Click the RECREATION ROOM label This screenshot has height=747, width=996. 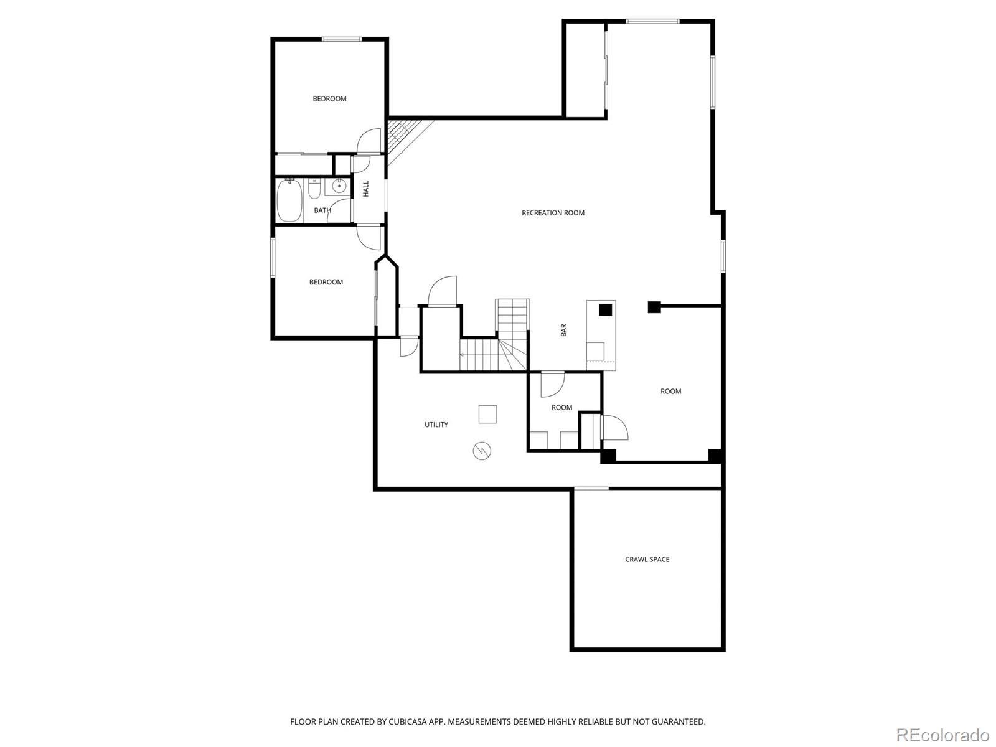pyautogui.click(x=553, y=213)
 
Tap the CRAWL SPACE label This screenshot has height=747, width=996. pyautogui.click(x=647, y=560)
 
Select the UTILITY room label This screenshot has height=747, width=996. pyautogui.click(x=436, y=425)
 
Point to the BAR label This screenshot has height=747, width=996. pyautogui.click(x=563, y=330)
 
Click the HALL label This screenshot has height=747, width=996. pyautogui.click(x=366, y=189)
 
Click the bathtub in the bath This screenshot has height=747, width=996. pyautogui.click(x=289, y=200)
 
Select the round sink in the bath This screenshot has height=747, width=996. pyautogui.click(x=339, y=186)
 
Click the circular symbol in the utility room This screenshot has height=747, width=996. pyautogui.click(x=482, y=451)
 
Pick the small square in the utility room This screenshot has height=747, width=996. pyautogui.click(x=487, y=414)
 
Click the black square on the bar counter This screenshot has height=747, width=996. pyautogui.click(x=604, y=309)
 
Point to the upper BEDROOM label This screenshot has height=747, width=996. pyautogui.click(x=329, y=99)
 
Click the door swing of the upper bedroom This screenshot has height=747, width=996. pyautogui.click(x=370, y=141)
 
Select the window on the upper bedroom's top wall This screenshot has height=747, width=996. pyautogui.click(x=342, y=39)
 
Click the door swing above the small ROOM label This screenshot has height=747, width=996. pyautogui.click(x=552, y=385)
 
